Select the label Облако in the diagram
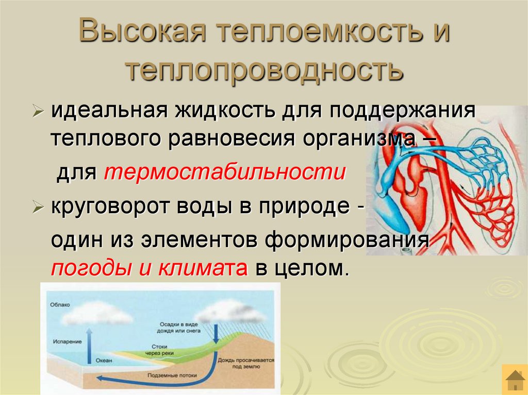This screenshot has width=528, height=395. coord(60,305)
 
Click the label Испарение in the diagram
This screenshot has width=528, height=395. coord(67,341)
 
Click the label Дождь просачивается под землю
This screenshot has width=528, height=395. coord(245,364)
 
